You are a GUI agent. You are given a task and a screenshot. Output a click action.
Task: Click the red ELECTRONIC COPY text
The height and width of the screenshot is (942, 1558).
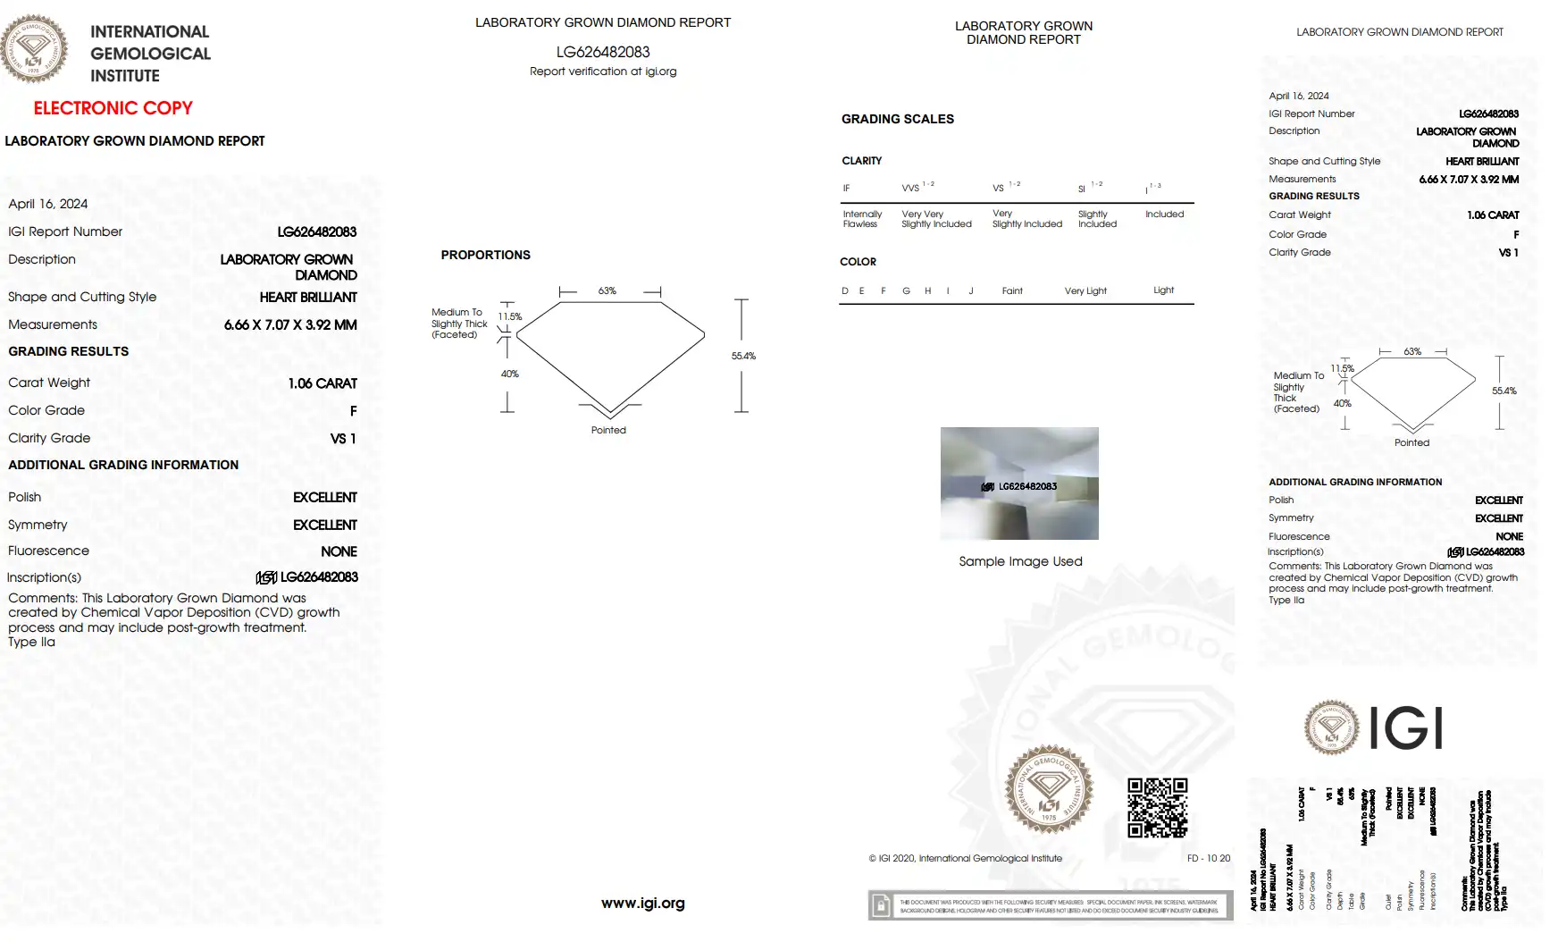[113, 108]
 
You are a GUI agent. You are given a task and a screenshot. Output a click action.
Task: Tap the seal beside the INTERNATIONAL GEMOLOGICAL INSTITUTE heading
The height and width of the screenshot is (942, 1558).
[34, 50]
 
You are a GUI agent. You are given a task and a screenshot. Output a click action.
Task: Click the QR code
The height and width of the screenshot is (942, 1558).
[1157, 807]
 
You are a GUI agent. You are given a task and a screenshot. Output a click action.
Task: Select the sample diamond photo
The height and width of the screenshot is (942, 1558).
[1019, 484]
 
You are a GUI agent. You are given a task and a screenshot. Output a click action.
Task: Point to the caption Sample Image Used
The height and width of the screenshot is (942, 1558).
[1020, 561]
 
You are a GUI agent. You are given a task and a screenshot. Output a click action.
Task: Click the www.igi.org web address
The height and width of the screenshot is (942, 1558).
[643, 903]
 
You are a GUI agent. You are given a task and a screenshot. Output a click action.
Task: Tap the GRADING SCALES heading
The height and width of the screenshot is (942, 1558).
[898, 119]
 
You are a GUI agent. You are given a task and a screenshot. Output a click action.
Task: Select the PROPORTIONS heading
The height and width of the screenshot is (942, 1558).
[485, 255]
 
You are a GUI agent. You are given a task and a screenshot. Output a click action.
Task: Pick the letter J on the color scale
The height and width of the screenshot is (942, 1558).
[971, 290]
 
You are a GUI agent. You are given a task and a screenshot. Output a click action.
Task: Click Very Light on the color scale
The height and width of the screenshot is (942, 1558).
[1085, 290]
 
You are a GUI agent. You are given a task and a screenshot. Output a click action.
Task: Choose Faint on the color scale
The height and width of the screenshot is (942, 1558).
[1012, 290]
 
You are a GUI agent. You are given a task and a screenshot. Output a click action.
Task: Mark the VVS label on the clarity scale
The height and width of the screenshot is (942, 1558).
[910, 188]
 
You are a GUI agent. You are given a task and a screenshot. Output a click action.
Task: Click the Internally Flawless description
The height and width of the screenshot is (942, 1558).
[862, 219]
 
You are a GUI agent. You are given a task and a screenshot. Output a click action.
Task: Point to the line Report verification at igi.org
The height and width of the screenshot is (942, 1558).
[603, 71]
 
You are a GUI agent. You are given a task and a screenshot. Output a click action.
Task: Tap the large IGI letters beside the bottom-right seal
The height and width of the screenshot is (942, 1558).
[1406, 728]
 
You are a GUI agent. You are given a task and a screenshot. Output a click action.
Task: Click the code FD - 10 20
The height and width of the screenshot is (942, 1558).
[1209, 858]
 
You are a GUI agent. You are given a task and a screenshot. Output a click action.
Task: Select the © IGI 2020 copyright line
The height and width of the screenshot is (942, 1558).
[966, 858]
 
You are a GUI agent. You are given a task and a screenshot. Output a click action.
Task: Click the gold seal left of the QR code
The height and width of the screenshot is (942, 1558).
[1049, 789]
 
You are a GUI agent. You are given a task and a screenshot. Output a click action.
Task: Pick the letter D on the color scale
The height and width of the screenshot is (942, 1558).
[845, 290]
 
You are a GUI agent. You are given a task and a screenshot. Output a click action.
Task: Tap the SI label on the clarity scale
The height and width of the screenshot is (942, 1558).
[1082, 189]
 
